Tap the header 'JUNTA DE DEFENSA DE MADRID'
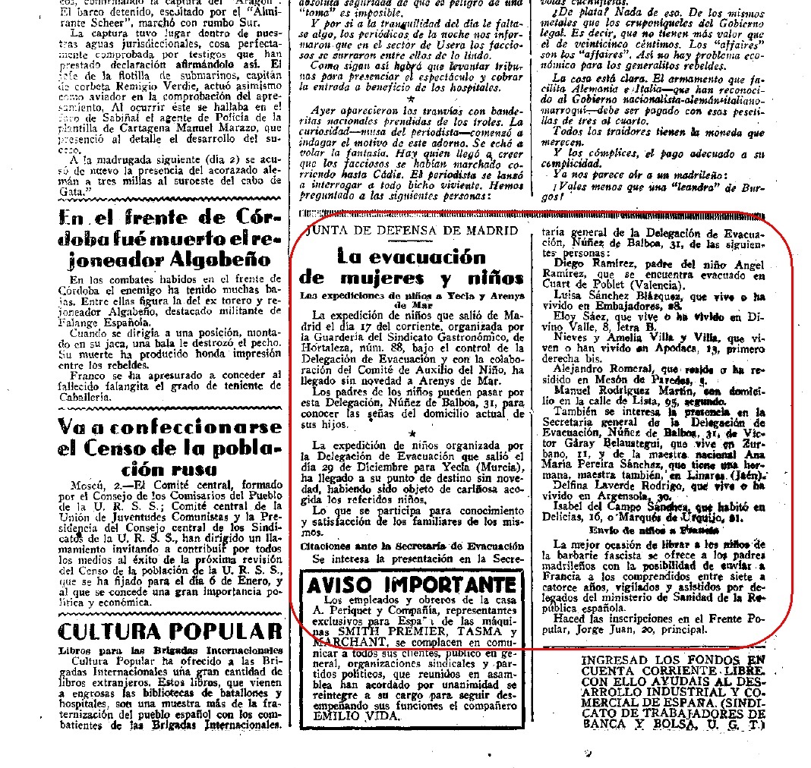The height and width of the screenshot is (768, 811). coord(410,230)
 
